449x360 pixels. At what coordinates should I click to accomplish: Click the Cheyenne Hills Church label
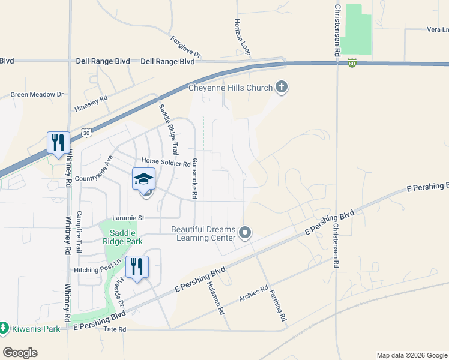(x=231, y=88)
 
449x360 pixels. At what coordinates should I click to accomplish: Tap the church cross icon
(x=282, y=88)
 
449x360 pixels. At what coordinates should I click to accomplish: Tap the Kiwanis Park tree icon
(x=4, y=328)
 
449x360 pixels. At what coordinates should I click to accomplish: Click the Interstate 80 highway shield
(x=352, y=62)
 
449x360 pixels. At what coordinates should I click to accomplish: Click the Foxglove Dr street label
(x=185, y=48)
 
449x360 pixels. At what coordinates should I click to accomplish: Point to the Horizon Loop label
(x=241, y=35)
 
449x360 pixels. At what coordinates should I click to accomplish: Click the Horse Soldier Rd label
(x=166, y=162)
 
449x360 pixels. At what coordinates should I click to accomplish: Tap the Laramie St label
(x=130, y=218)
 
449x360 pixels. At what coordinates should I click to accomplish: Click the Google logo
(x=20, y=353)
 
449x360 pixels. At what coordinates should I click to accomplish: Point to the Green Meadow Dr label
(x=37, y=94)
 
